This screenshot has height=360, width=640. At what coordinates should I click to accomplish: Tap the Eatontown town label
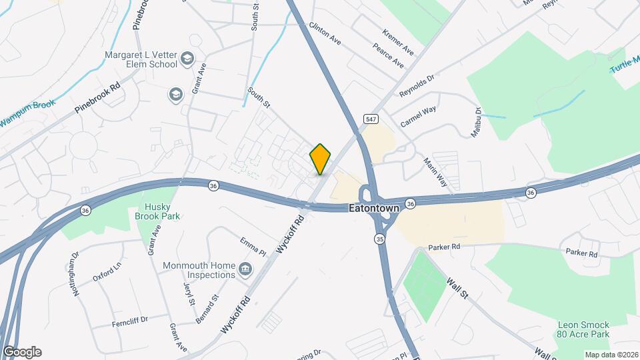point(374,208)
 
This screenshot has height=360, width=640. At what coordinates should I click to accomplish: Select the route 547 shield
point(371,118)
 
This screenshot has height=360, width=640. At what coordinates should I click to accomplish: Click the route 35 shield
point(379,238)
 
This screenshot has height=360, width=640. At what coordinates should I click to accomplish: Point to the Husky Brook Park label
point(157,211)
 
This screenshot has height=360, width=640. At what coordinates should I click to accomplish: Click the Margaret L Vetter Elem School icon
point(187,59)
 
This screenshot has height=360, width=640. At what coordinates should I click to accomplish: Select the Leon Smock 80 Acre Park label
point(583,329)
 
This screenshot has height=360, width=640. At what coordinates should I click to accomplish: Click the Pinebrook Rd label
point(97,97)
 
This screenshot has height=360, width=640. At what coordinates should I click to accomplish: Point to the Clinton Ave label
point(325,33)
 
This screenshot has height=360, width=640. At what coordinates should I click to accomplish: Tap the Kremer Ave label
point(398,42)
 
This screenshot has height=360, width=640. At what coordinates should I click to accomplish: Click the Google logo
point(21,351)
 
